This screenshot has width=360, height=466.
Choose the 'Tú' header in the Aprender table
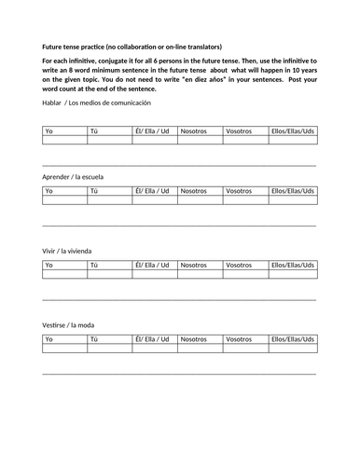[x=93, y=191]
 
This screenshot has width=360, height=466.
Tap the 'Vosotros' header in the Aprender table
[x=239, y=191]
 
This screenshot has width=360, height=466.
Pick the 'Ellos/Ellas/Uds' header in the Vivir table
[x=292, y=265]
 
